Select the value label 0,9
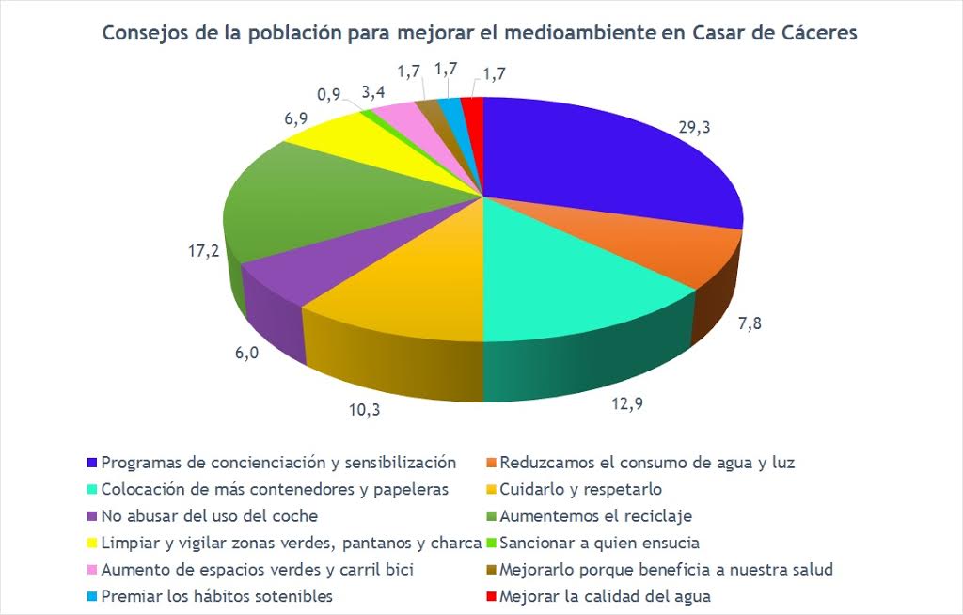point(329,95)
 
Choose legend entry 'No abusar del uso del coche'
point(209,516)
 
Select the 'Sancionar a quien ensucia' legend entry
point(600,543)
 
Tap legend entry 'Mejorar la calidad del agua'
point(605,595)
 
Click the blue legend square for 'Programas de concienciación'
point(92,463)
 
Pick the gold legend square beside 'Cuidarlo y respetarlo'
point(490,489)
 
